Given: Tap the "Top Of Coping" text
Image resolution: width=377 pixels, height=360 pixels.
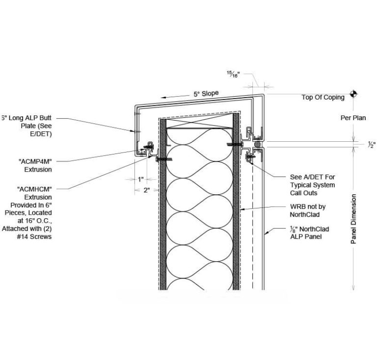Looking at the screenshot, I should click(323, 97).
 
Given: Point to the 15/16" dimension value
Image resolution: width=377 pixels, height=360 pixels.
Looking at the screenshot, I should click(233, 74).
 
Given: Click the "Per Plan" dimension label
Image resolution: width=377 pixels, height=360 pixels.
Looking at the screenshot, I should click(353, 118).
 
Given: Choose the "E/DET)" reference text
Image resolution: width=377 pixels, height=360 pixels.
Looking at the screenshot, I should click(40, 133).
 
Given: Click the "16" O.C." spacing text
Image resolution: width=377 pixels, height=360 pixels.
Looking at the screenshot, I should click(37, 220).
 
